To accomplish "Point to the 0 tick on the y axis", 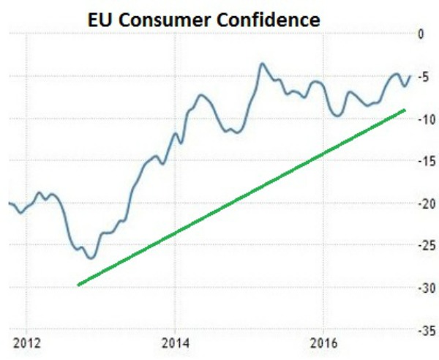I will click(419, 34).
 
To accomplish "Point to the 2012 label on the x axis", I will click(25, 342).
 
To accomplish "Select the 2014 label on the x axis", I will click(174, 342).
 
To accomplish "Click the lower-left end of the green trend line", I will click(78, 284).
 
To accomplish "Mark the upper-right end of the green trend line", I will click(405, 110).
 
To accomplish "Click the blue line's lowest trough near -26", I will click(91, 258).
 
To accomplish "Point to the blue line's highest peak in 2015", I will click(261, 64).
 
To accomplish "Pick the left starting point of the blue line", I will click(9, 203).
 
